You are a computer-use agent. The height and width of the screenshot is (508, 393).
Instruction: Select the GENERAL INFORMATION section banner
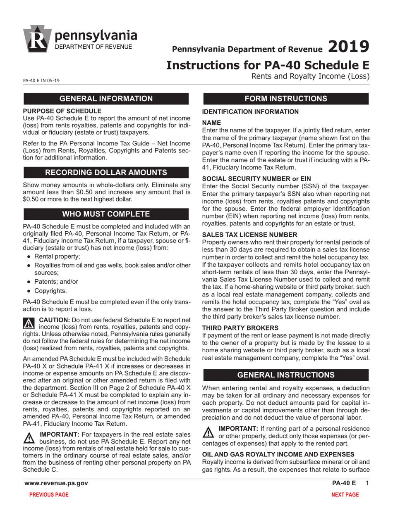106,99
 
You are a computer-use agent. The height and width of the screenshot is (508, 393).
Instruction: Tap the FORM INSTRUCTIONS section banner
285,99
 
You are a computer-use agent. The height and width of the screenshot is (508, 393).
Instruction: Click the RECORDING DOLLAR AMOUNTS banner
106,172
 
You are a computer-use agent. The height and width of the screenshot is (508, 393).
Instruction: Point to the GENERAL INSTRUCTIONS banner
285,375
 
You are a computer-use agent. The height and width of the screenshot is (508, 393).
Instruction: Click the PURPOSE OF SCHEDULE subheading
62,111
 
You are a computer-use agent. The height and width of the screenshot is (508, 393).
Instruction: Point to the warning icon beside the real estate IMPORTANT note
29,437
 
